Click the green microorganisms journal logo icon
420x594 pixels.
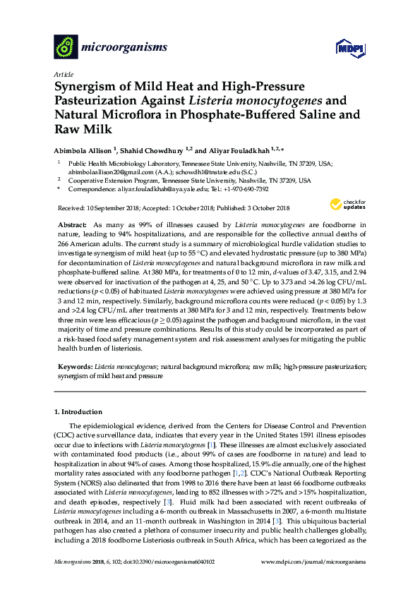pyautogui.click(x=66, y=47)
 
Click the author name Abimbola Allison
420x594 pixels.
pyautogui.click(x=85, y=150)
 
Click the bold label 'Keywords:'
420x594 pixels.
pyautogui.click(x=73, y=368)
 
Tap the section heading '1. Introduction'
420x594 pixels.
pyautogui.click(x=78, y=411)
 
